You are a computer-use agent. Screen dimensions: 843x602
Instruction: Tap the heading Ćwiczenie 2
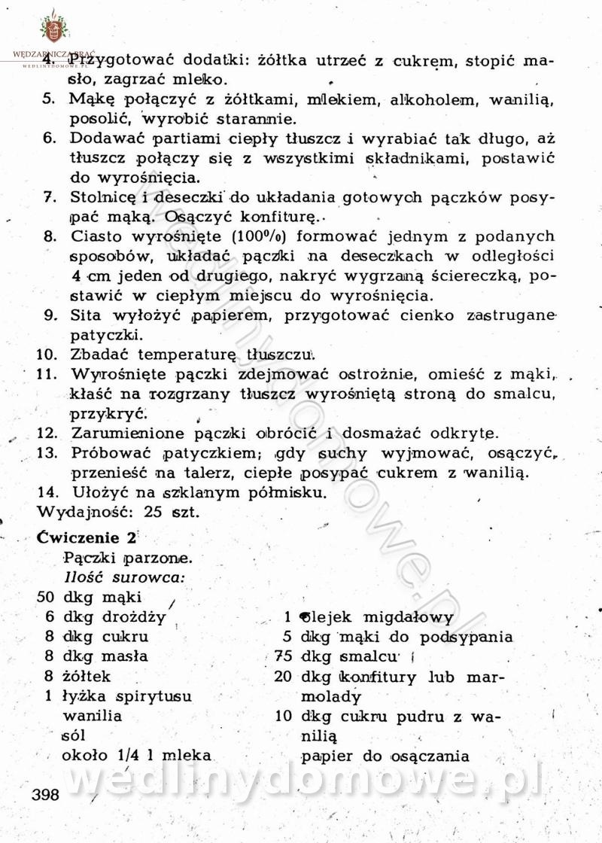click(x=88, y=538)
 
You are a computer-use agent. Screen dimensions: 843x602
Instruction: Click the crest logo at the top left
click(x=53, y=30)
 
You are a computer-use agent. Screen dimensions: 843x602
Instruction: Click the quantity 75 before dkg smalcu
click(x=283, y=656)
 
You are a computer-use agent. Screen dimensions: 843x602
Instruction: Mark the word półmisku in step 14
click(x=283, y=493)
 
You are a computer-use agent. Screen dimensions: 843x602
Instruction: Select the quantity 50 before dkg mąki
click(x=47, y=598)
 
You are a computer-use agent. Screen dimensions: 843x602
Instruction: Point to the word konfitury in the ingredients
click(x=379, y=676)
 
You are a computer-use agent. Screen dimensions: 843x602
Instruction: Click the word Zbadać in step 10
click(x=98, y=353)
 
